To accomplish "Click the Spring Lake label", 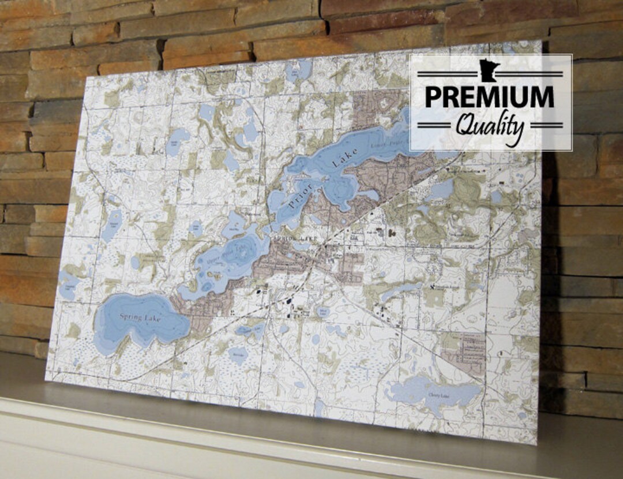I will (x=141, y=317).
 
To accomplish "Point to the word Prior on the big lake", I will (x=297, y=198).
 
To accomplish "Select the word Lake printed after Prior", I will (x=345, y=158).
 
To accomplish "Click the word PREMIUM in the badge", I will (x=490, y=96).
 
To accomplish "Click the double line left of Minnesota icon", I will (x=448, y=74).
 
